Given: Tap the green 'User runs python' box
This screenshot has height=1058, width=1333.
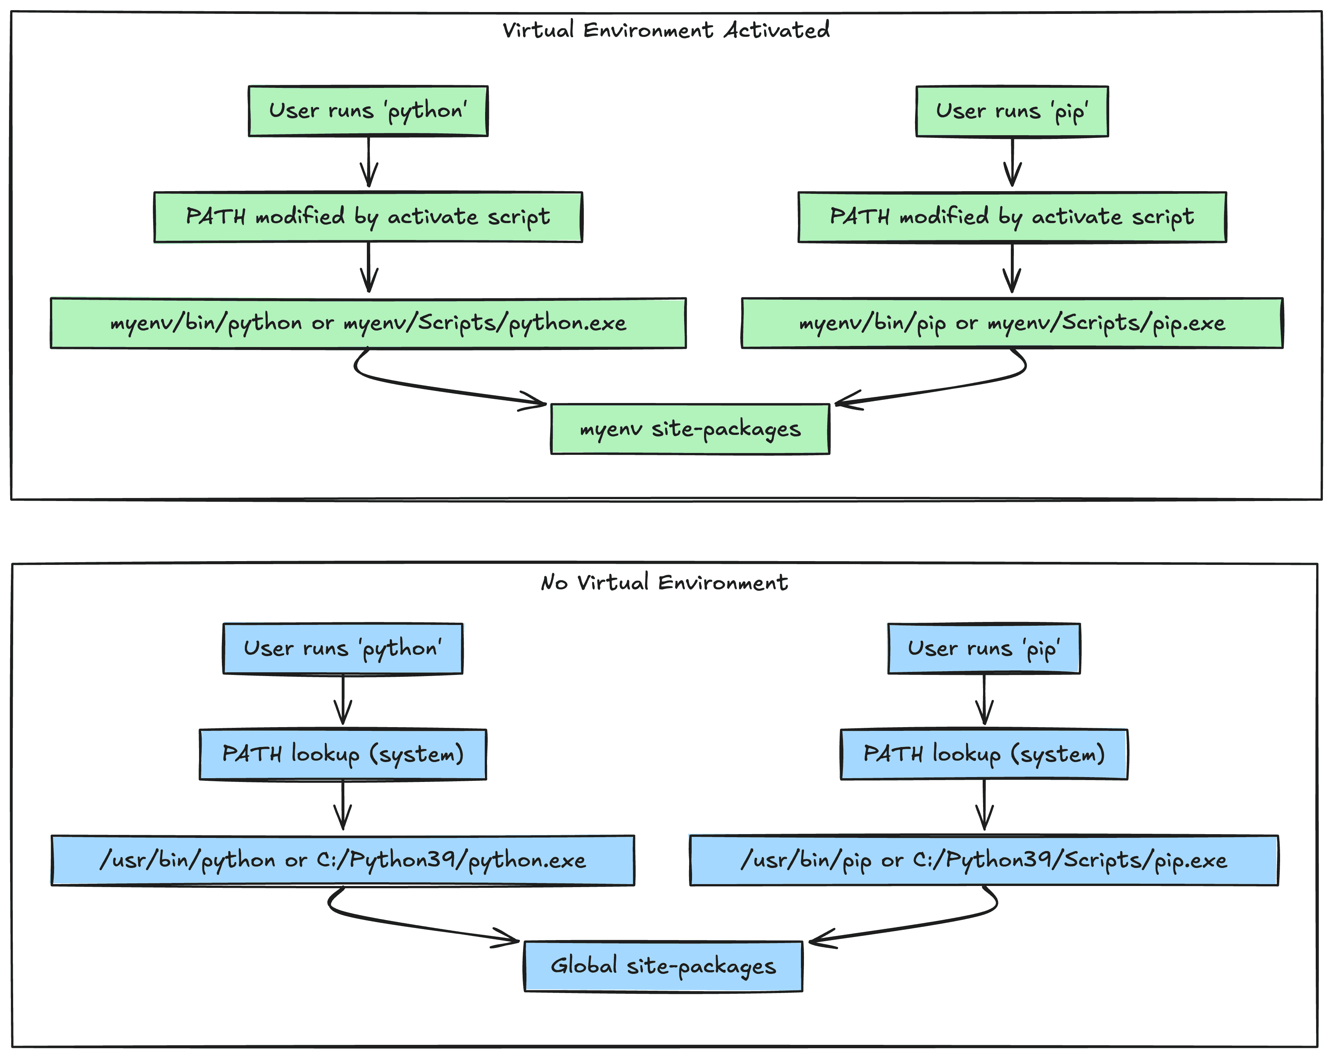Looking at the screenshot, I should [368, 111].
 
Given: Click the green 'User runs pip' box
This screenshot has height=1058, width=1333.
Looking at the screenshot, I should [1012, 111].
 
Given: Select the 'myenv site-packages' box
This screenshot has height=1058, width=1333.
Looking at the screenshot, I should [690, 429].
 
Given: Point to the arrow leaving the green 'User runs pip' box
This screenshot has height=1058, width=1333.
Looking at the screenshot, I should [1012, 162].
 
